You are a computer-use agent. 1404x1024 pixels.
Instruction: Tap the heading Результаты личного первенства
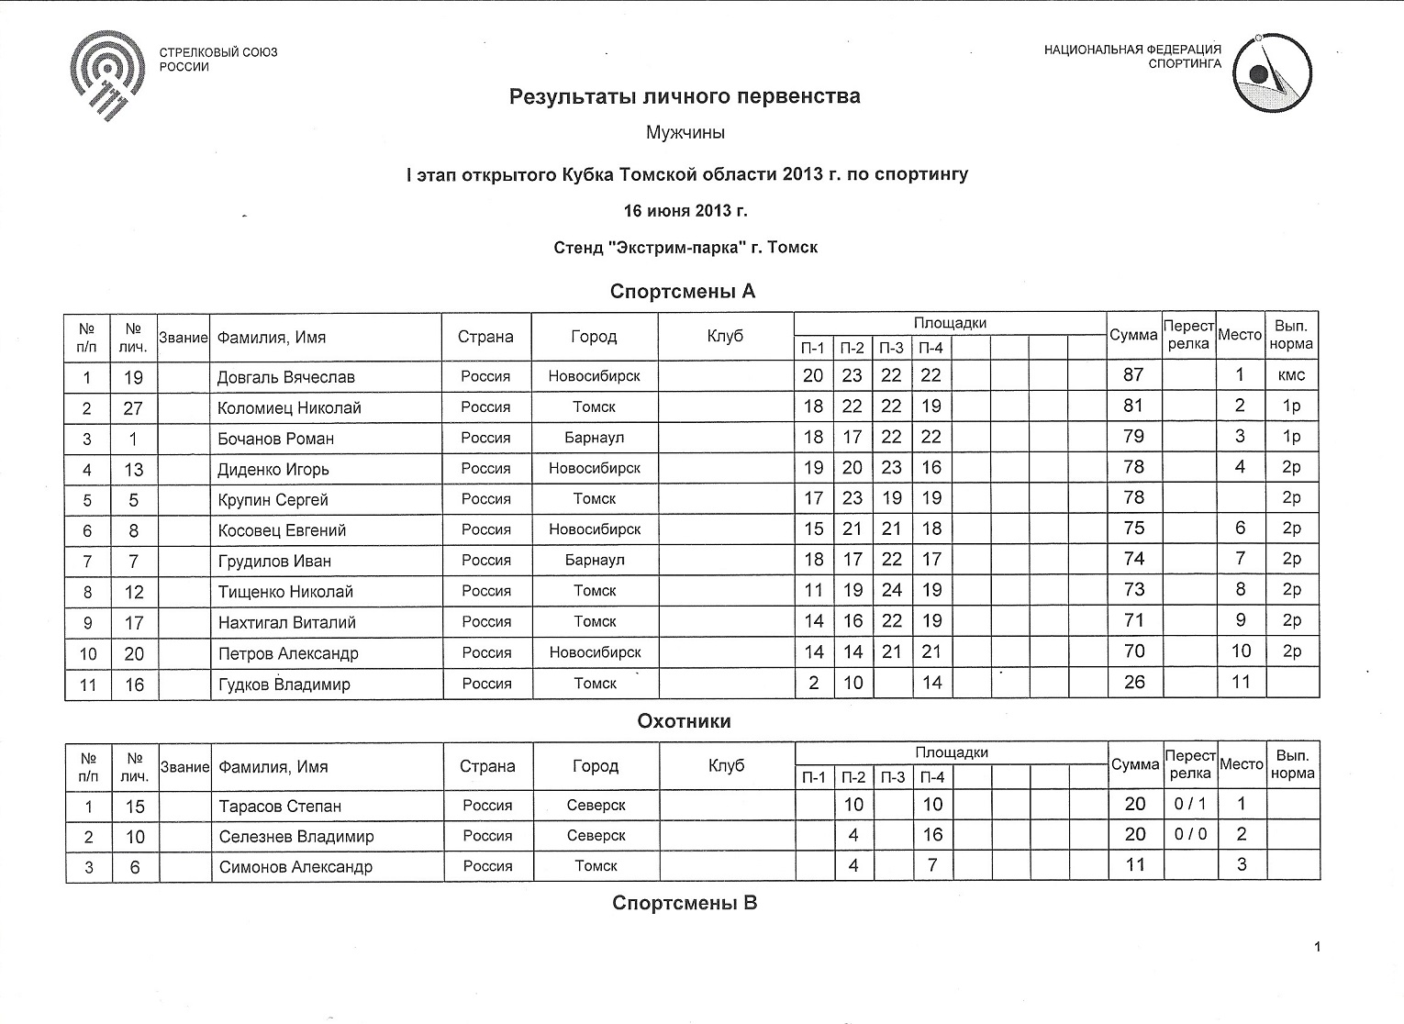coord(685,96)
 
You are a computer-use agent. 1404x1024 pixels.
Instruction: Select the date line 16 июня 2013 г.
coord(685,210)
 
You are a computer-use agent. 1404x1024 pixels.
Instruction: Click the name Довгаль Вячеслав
coord(285,377)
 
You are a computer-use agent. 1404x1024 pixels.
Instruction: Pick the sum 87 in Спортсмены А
coord(1133,374)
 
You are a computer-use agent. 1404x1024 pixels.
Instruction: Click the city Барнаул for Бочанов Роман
coord(594,438)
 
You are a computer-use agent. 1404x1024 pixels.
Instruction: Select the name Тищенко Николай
coord(285,592)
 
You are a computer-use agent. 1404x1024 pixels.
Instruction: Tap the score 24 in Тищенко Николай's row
coord(891,590)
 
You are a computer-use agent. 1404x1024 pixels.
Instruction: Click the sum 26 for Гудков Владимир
coord(1134,683)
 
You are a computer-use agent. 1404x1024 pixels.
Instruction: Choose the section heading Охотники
coord(685,721)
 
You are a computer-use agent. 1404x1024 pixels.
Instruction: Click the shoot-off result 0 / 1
coord(1190,804)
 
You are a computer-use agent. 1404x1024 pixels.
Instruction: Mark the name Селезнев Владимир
coord(295,837)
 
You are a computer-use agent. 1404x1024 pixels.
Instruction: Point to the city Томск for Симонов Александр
coord(596,866)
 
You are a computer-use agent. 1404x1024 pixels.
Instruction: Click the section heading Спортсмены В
coord(685,903)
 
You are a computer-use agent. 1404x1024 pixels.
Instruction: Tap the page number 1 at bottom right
coord(1317,947)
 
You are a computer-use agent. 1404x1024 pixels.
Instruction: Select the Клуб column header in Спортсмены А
coord(725,337)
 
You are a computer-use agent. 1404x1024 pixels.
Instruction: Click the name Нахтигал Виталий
coord(286,622)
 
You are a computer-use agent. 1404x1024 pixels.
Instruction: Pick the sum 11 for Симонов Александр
coord(1135,865)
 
